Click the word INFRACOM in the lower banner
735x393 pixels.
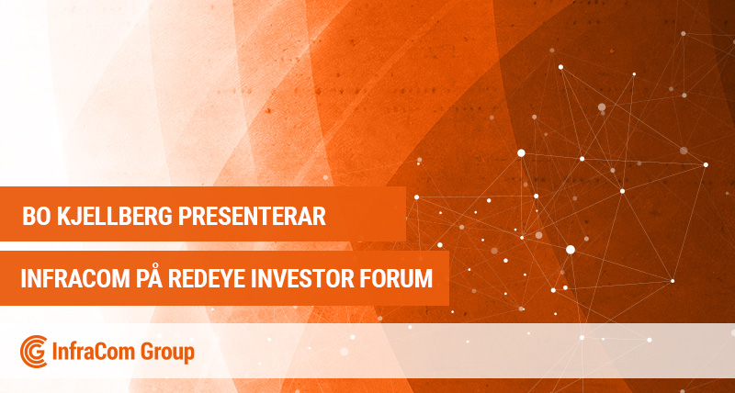(x=75, y=279)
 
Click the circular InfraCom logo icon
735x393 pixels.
(x=34, y=352)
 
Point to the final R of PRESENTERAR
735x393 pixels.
(x=319, y=217)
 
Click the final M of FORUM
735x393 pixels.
(x=424, y=279)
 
